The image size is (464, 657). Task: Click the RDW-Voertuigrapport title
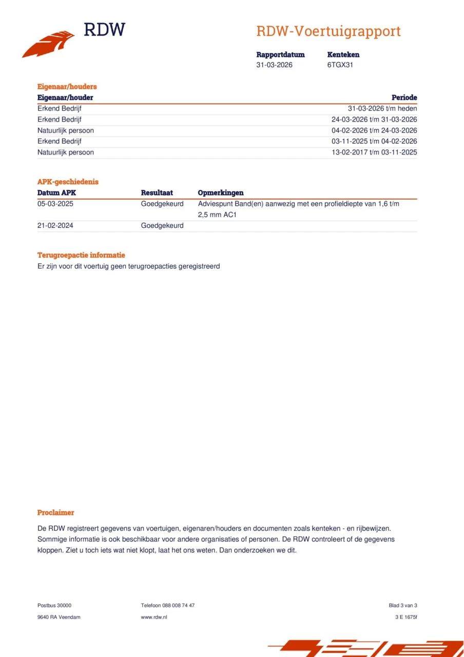pyautogui.click(x=328, y=31)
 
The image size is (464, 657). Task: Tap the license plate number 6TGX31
pyautogui.click(x=340, y=65)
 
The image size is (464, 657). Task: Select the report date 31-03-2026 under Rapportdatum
pyautogui.click(x=275, y=65)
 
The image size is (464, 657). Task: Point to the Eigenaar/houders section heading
pyautogui.click(x=67, y=87)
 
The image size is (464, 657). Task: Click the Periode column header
pyautogui.click(x=404, y=98)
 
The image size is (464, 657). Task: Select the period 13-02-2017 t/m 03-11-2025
pyautogui.click(x=374, y=152)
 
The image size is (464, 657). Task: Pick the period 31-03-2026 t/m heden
pyautogui.click(x=382, y=109)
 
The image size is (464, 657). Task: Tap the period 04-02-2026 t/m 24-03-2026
pyautogui.click(x=374, y=130)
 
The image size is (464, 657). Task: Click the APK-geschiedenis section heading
pyautogui.click(x=68, y=182)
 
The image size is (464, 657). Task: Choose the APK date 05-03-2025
pyautogui.click(x=55, y=204)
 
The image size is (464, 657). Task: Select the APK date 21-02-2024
pyautogui.click(x=55, y=225)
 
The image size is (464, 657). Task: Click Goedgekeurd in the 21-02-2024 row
pyautogui.click(x=162, y=225)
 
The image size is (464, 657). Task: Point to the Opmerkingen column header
pyautogui.click(x=221, y=193)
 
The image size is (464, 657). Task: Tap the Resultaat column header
pyautogui.click(x=157, y=193)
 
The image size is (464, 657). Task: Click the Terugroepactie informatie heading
pyautogui.click(x=81, y=255)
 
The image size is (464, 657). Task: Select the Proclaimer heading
pyautogui.click(x=55, y=513)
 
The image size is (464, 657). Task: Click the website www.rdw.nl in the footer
pyautogui.click(x=154, y=617)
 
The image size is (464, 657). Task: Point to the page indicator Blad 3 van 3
pyautogui.click(x=403, y=606)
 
